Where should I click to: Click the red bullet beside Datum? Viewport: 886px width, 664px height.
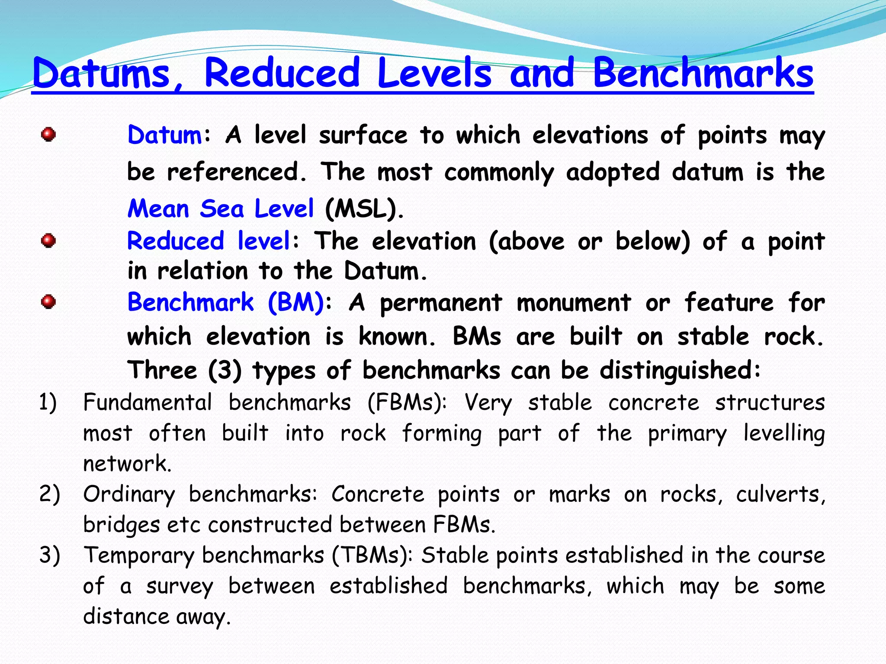click(x=48, y=134)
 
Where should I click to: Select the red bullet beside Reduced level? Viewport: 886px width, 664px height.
click(x=48, y=240)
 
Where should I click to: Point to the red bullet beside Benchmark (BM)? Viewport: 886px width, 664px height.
click(x=48, y=302)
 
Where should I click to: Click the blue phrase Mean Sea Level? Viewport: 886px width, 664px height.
click(x=221, y=209)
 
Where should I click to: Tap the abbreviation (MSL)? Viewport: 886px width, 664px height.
click(x=364, y=209)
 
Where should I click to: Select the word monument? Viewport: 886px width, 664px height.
click(x=574, y=302)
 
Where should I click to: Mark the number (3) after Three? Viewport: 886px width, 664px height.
click(x=225, y=370)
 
